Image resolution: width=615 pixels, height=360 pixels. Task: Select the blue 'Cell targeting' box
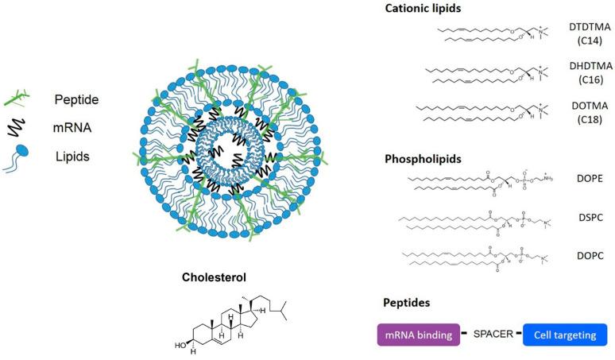pyautogui.click(x=564, y=335)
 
